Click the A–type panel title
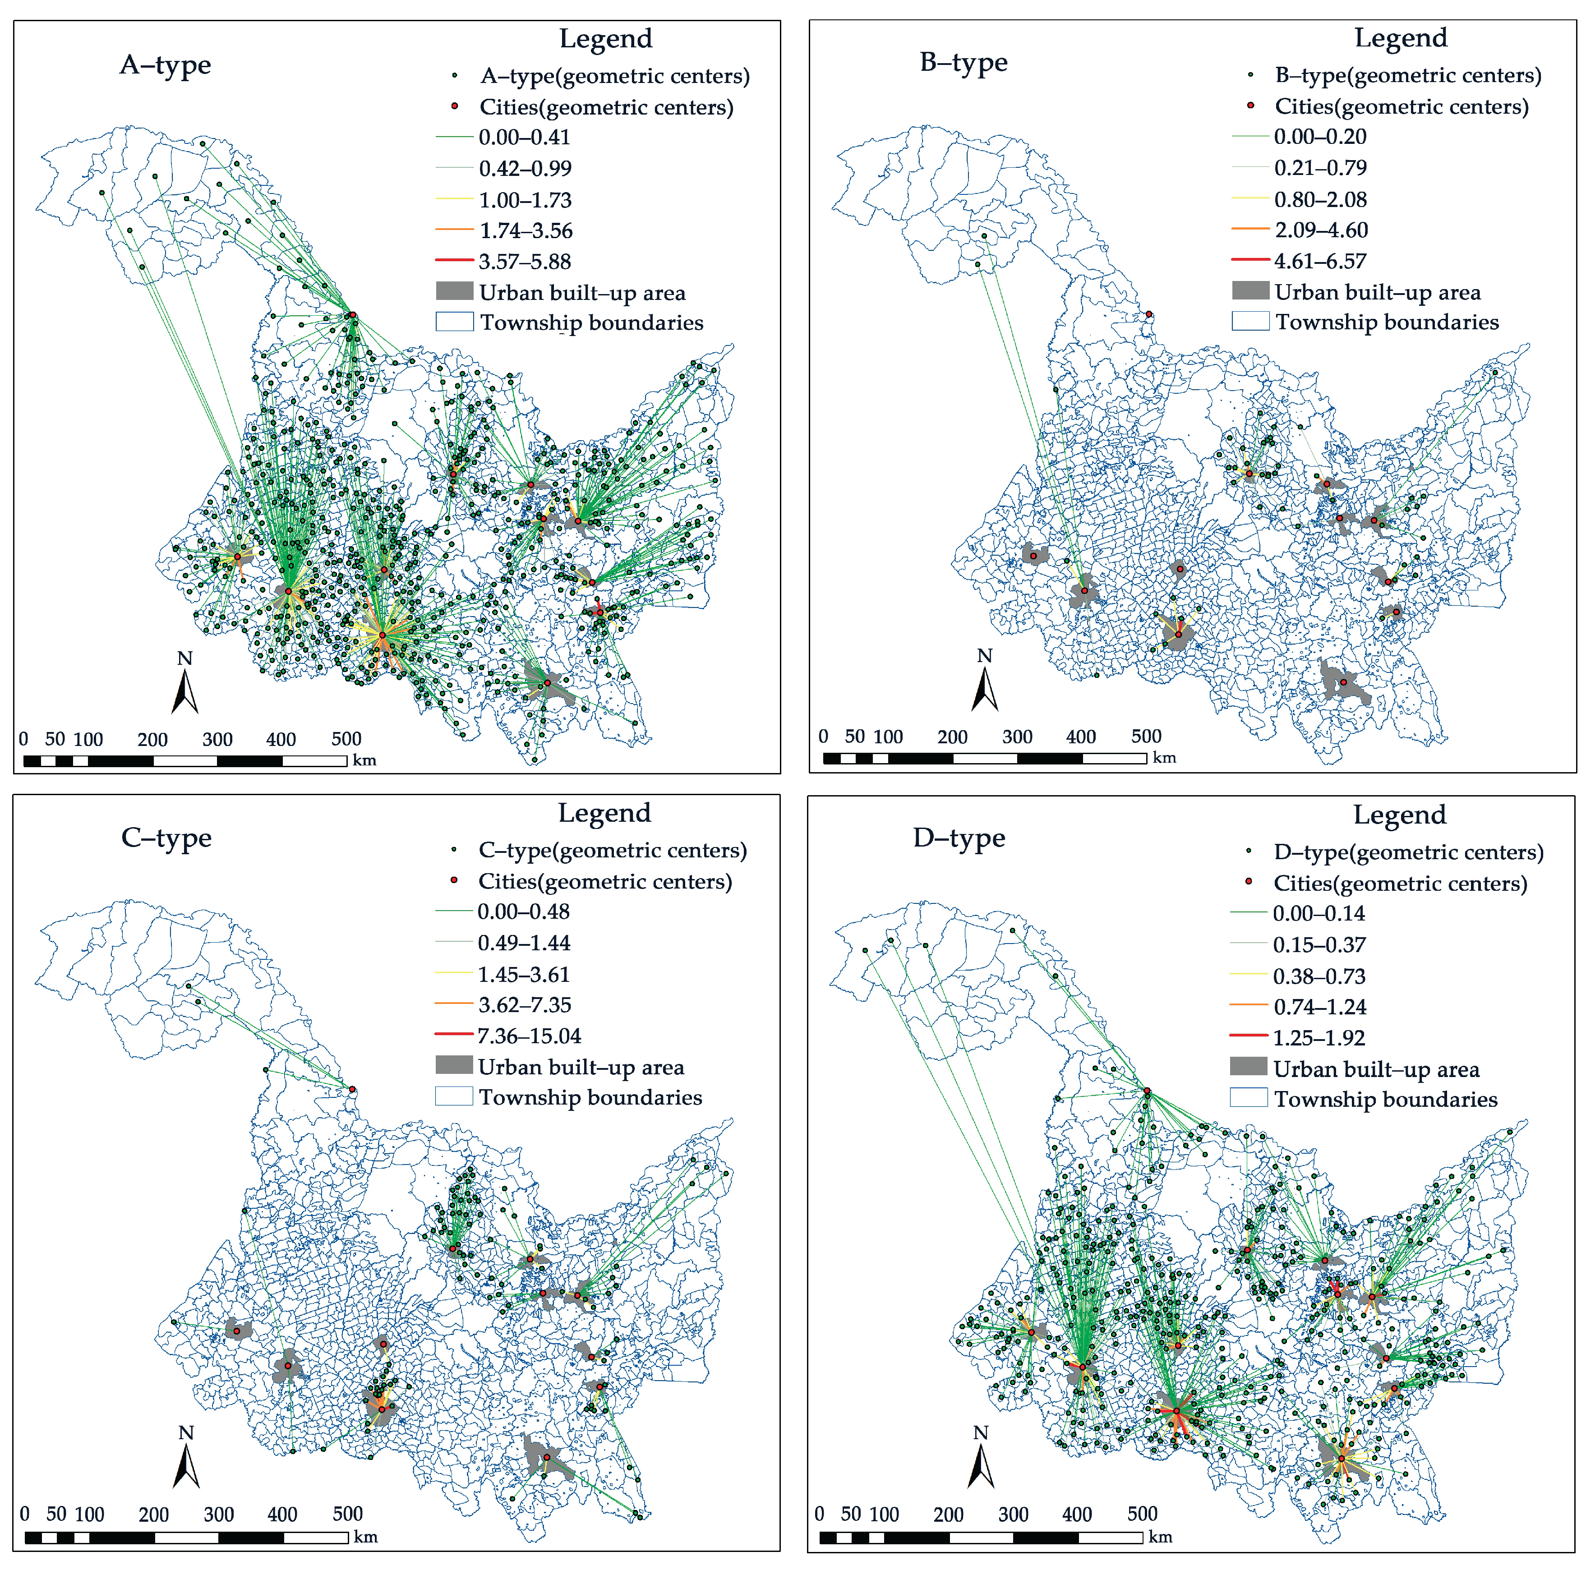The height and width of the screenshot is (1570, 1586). [165, 65]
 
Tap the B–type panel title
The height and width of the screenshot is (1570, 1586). [963, 62]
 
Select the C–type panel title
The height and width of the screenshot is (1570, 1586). [166, 838]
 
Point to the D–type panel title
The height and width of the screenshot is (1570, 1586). [959, 838]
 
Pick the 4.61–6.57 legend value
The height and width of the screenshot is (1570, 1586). [1320, 261]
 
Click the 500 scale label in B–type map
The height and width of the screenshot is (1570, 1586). [1146, 736]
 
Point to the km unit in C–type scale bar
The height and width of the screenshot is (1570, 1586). [365, 1536]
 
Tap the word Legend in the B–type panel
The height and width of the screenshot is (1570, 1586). [1401, 38]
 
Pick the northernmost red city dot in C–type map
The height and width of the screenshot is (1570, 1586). [352, 1089]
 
